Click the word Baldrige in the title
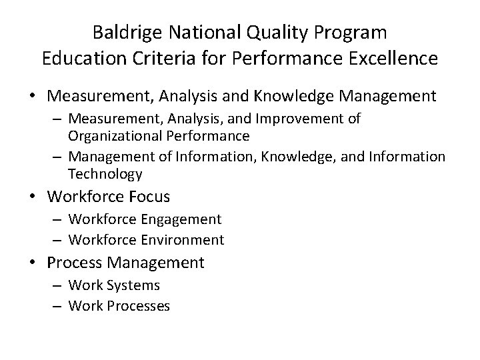[x=125, y=32]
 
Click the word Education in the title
[x=77, y=58]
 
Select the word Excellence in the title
[x=392, y=58]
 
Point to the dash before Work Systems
[x=58, y=286]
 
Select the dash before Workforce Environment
[x=58, y=239]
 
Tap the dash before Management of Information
[x=58, y=157]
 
